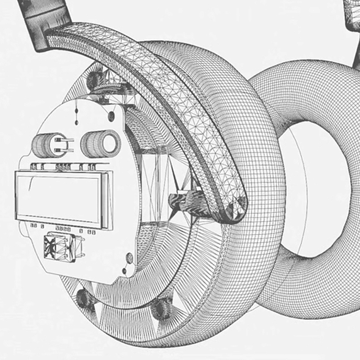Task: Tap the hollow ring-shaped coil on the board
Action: point(101,142)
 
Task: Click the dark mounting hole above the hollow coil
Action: point(111,116)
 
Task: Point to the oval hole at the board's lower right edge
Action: point(129,258)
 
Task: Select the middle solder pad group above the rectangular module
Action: point(63,167)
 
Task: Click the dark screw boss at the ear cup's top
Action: point(96,80)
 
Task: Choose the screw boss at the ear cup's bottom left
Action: point(85,298)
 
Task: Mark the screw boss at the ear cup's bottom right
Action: point(162,309)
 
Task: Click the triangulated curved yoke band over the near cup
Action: point(173,89)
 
